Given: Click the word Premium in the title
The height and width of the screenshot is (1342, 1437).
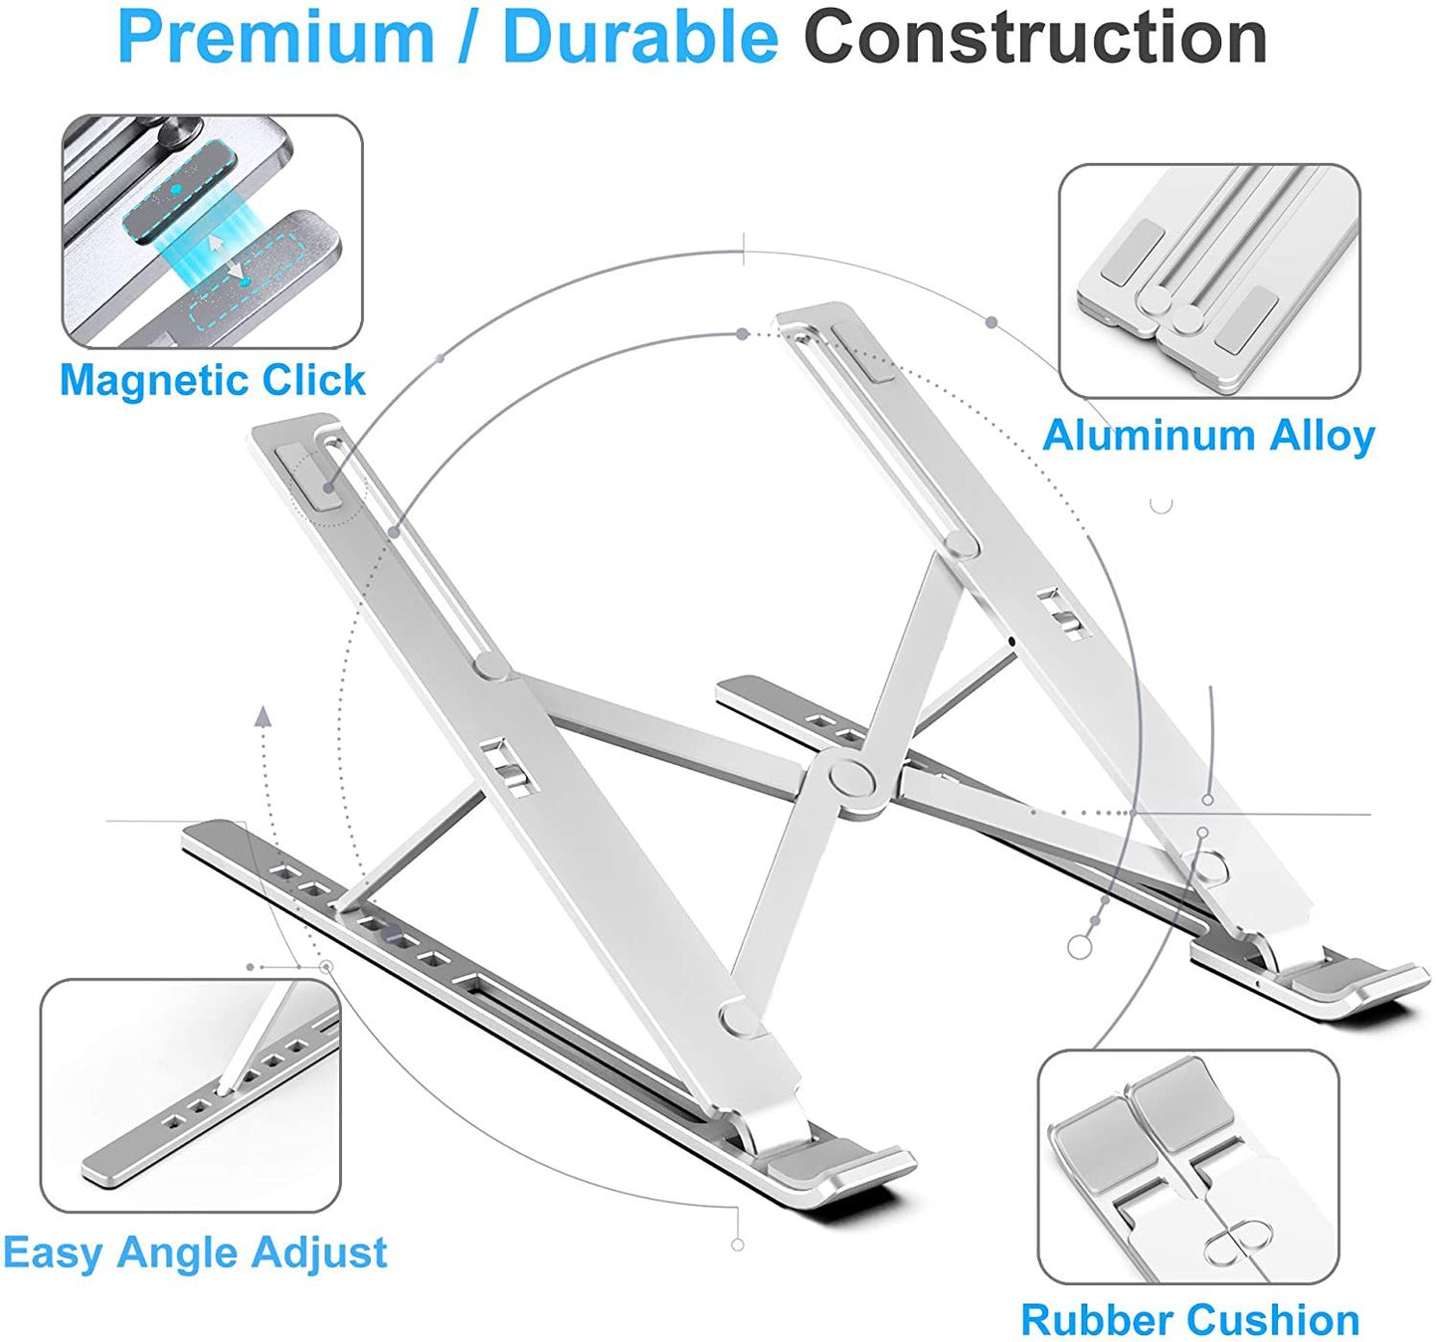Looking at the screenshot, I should (276, 38).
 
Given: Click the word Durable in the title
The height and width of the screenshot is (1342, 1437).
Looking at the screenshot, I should (640, 38).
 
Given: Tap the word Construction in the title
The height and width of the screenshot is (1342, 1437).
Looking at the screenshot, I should (1035, 38).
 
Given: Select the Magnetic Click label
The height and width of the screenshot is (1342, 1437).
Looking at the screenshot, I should (213, 380).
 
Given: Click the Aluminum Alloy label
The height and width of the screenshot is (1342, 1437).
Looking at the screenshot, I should (1208, 435).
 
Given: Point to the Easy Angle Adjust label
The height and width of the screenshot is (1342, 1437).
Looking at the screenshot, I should (195, 1251).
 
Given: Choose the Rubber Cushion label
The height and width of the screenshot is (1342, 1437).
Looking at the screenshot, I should (1190, 1320).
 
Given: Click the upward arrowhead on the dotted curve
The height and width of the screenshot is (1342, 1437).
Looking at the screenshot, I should (263, 715).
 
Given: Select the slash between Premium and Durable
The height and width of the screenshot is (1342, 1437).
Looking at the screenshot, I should (467, 38).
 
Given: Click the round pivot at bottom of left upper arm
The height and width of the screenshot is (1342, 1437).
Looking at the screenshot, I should (738, 1016).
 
